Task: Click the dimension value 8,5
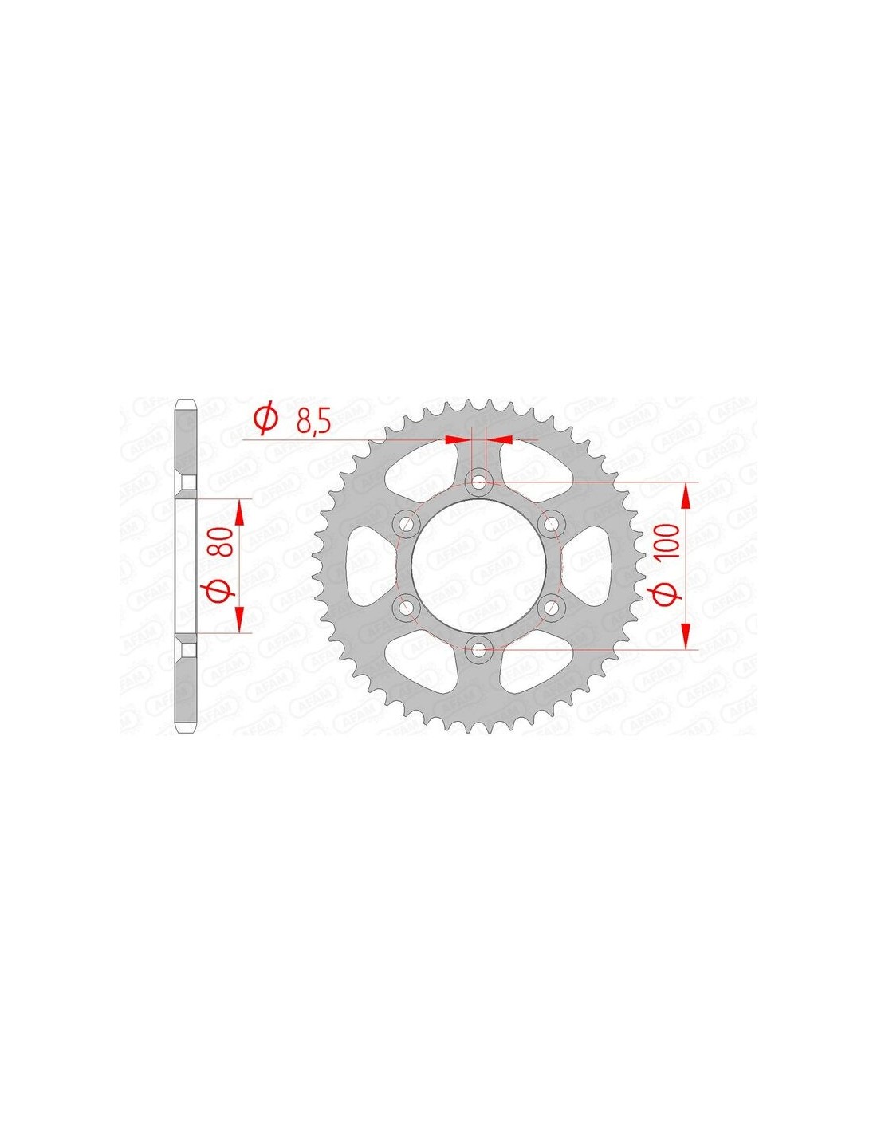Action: [x=313, y=421]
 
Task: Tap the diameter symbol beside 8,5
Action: [x=265, y=419]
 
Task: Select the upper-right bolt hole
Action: [x=550, y=524]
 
